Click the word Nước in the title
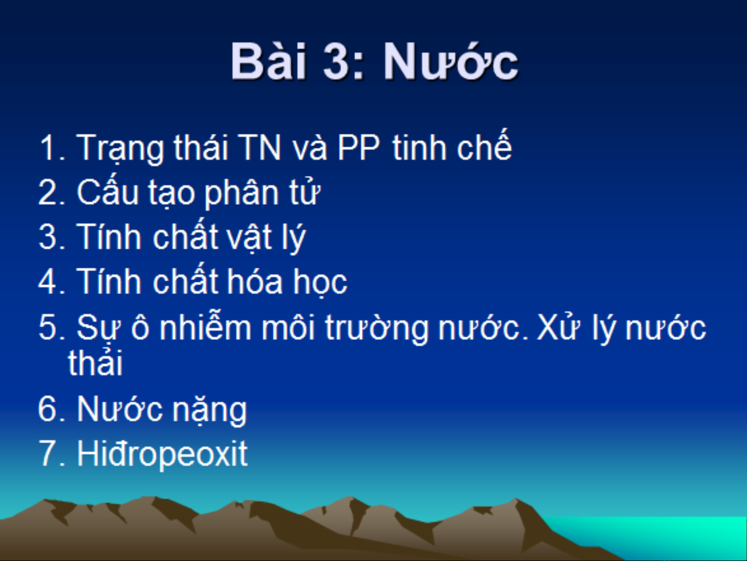click(x=451, y=62)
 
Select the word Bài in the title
click(x=269, y=61)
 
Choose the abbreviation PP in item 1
click(x=359, y=147)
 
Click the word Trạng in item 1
click(x=120, y=149)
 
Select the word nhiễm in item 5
click(x=205, y=326)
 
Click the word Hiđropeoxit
click(x=162, y=454)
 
